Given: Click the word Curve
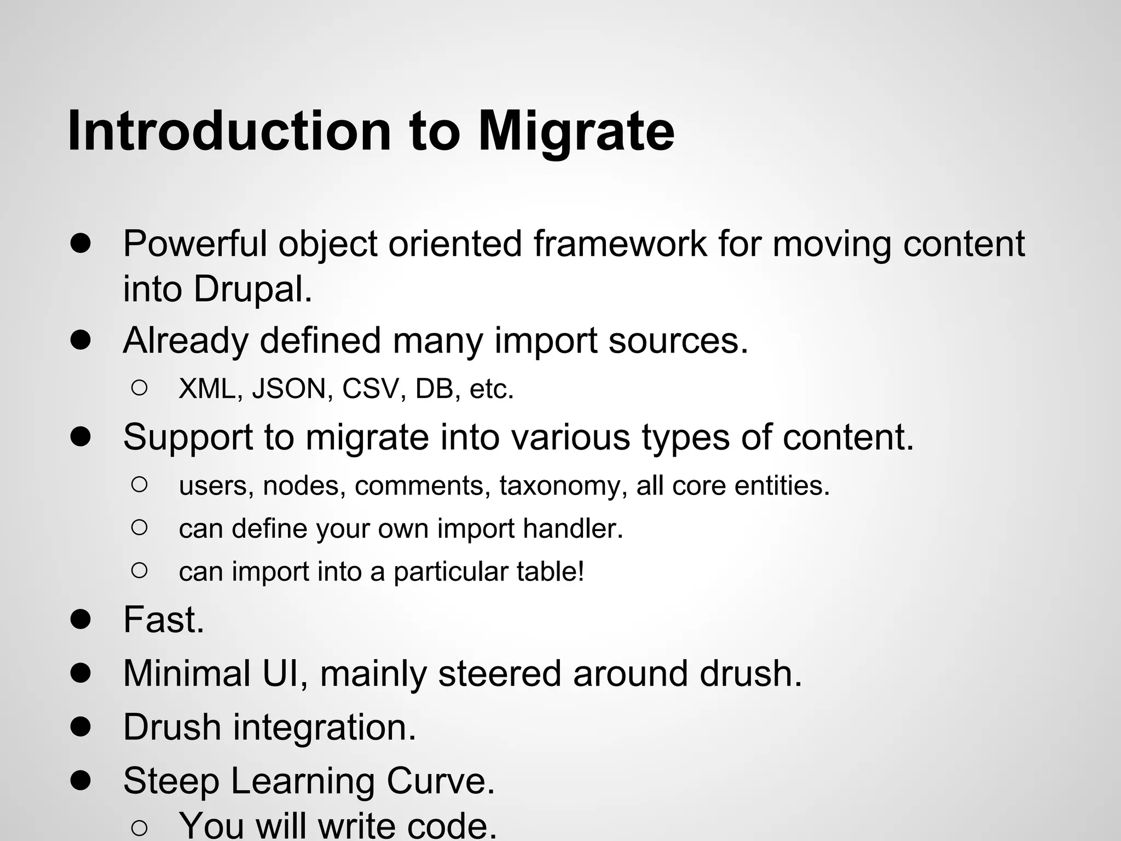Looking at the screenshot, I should (x=441, y=781).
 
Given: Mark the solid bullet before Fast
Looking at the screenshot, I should (x=80, y=620).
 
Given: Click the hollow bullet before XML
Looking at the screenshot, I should (x=139, y=388).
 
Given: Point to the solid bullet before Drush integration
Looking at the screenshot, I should (x=80, y=727).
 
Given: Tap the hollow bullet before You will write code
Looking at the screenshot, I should (x=139, y=828).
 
